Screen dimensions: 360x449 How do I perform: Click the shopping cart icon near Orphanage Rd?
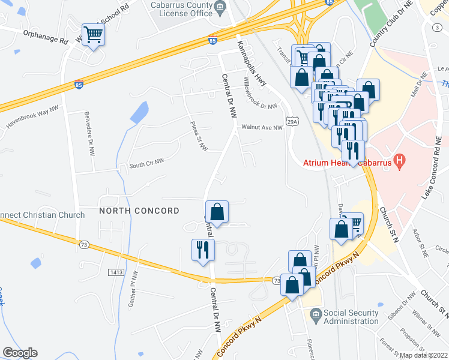(93, 35)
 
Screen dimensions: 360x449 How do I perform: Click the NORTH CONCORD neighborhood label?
(139, 211)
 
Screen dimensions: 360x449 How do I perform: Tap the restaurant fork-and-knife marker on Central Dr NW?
(202, 249)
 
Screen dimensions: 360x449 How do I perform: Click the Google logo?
(20, 353)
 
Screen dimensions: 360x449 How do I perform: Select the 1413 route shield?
(116, 272)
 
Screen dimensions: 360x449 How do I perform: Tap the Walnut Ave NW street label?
(262, 127)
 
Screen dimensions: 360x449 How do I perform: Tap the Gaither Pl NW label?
(133, 289)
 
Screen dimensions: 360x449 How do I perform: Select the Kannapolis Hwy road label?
(252, 62)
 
